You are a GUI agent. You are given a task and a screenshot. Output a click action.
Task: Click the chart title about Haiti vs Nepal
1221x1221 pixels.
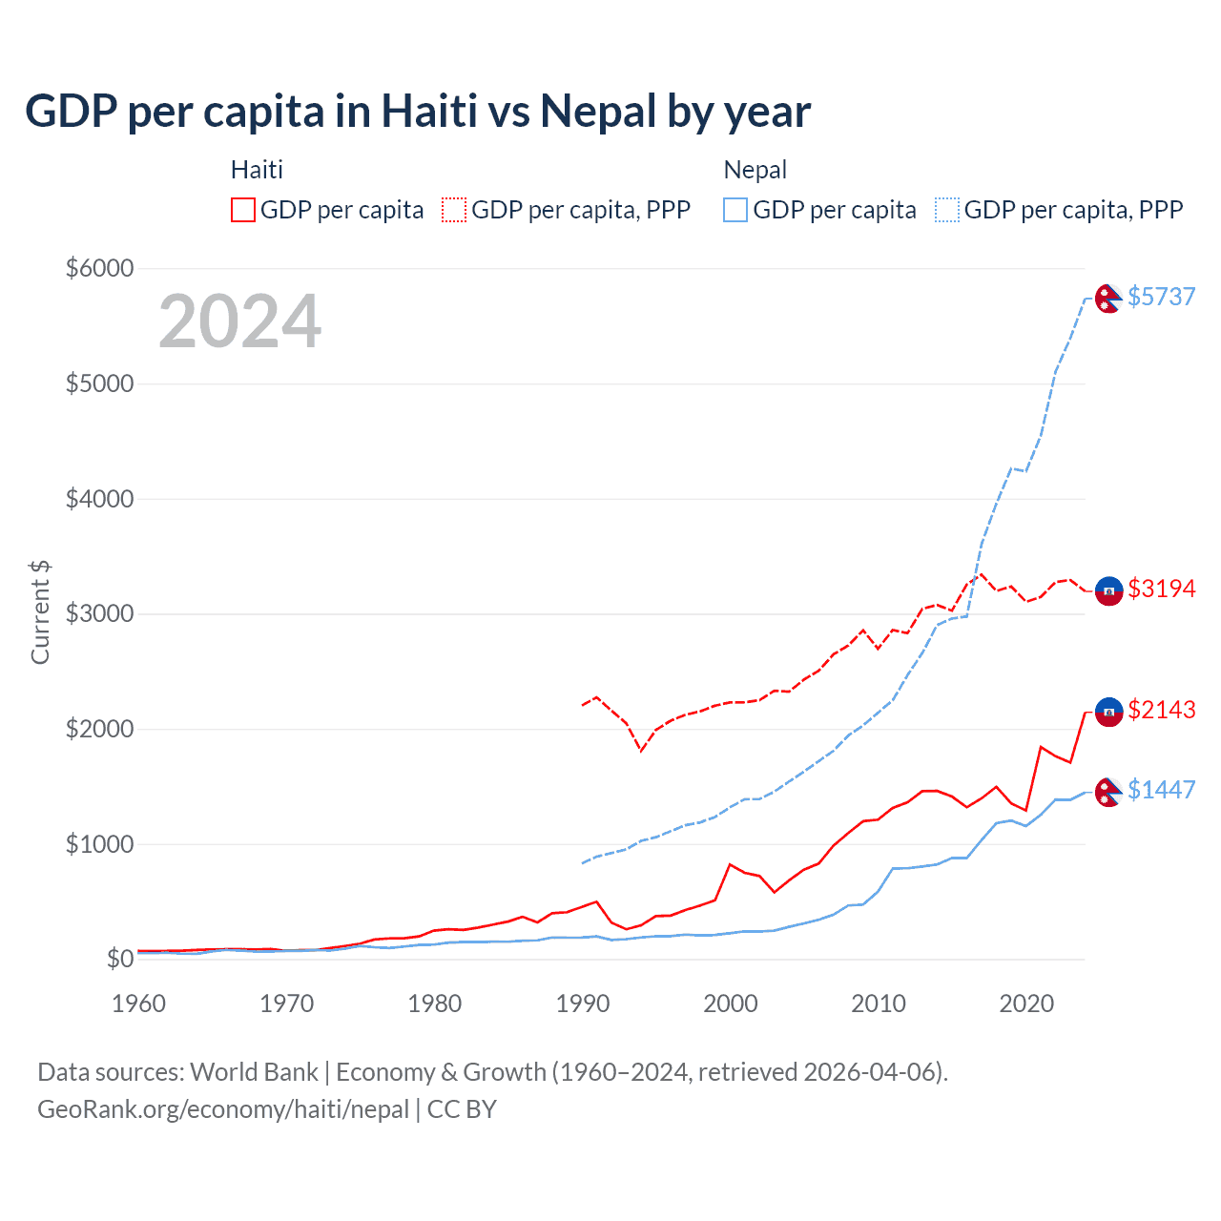point(418,112)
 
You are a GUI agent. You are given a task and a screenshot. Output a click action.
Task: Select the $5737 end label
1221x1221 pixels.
point(1161,297)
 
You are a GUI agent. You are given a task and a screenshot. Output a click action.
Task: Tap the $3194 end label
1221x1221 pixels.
point(1161,589)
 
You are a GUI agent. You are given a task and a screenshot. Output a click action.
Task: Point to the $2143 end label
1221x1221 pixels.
point(1161,710)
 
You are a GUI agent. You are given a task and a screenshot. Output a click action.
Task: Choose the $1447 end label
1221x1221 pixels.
point(1161,790)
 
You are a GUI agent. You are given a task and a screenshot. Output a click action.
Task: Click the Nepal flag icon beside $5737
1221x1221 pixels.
point(1108,299)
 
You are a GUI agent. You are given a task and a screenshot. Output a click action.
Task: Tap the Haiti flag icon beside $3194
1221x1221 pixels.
point(1108,591)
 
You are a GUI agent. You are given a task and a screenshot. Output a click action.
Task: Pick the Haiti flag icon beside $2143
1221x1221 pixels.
point(1108,712)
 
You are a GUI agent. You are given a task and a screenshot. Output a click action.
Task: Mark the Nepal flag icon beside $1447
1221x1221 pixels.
point(1108,792)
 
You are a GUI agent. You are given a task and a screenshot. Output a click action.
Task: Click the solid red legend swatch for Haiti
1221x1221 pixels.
point(243,210)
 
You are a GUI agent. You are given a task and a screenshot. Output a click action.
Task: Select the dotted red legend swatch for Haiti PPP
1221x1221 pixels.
point(454,210)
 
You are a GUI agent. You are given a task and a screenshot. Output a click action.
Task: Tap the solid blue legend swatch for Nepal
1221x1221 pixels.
point(735,210)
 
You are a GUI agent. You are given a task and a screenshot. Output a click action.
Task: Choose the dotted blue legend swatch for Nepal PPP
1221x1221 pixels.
point(947,210)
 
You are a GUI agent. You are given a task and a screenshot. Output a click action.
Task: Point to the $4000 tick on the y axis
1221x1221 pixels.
point(99,499)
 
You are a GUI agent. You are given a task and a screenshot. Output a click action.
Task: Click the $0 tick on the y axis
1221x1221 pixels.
point(119,959)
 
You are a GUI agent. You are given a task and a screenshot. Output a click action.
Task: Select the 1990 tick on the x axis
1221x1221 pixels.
point(583,1004)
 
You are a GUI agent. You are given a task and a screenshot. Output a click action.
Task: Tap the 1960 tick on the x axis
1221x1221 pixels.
point(139,1004)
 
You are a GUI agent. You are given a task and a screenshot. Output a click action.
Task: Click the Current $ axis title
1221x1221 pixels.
point(40,612)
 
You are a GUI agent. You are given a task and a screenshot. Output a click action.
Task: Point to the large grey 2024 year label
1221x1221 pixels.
point(239,321)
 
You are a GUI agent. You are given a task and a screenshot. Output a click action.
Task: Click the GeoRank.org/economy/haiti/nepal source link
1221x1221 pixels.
point(223,1109)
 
